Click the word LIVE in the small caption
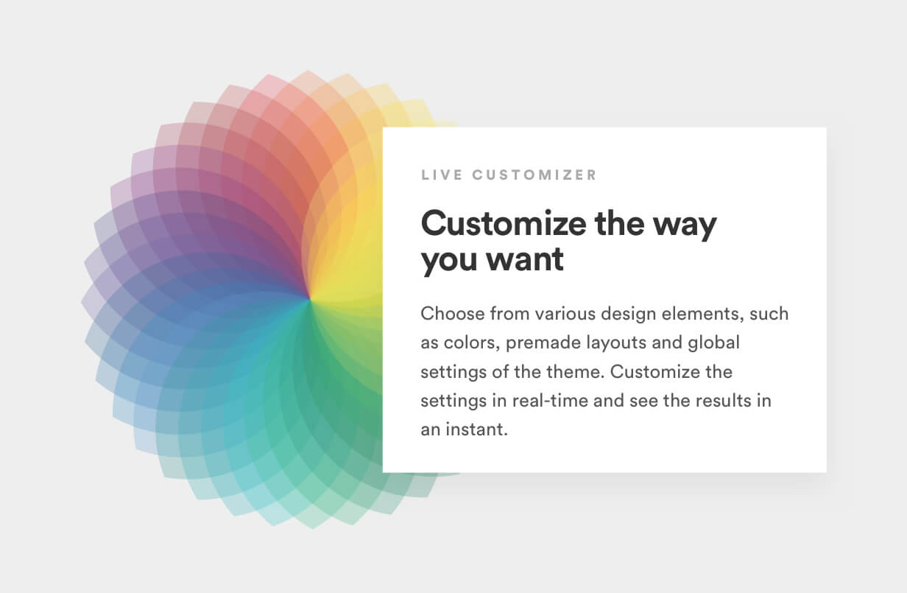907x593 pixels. click(x=442, y=175)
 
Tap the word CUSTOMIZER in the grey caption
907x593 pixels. click(x=534, y=175)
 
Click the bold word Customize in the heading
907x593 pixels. click(x=504, y=224)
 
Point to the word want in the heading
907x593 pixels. click(x=525, y=260)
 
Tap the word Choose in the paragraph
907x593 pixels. click(x=453, y=314)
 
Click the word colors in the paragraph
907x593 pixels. click(x=472, y=343)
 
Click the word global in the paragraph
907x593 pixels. click(x=714, y=343)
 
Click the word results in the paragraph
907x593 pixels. click(x=724, y=401)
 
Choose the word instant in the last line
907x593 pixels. click(x=476, y=429)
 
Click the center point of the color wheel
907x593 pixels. click(x=310, y=300)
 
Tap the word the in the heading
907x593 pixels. click(x=620, y=224)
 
